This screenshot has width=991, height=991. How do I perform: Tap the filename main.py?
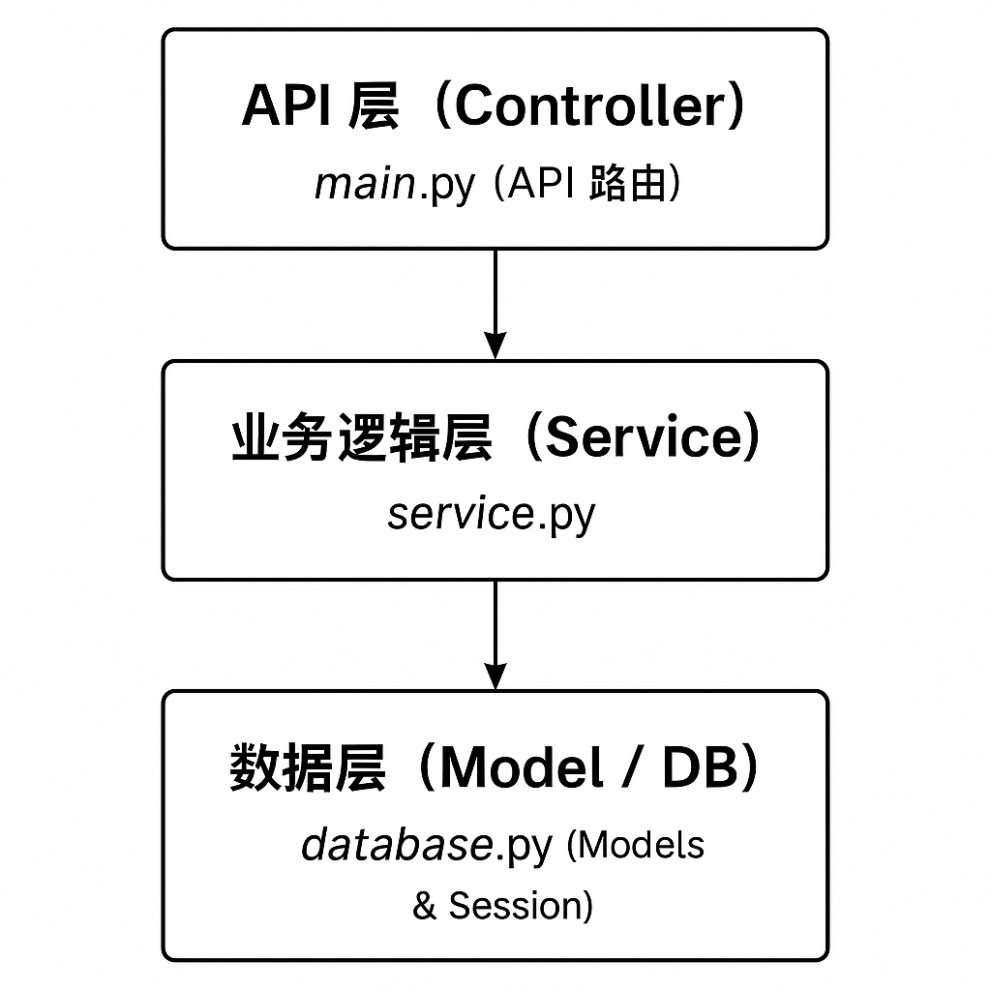(395, 183)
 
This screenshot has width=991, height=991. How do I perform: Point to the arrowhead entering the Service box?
(495, 346)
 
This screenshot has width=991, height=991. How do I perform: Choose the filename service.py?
(491, 514)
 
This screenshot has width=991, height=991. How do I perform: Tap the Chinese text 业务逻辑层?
(362, 437)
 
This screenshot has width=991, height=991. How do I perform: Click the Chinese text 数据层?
(308, 769)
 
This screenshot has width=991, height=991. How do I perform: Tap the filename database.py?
(426, 845)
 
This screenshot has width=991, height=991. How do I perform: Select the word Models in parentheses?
(642, 845)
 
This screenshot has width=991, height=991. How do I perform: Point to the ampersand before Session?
(424, 907)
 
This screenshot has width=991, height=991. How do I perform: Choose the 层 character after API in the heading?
(373, 105)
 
